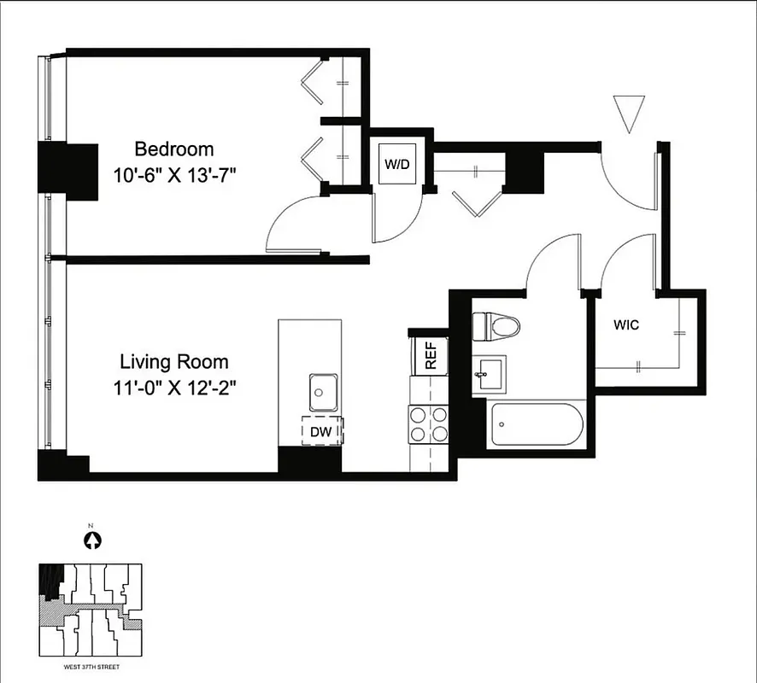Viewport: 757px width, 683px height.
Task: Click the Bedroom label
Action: [x=174, y=149]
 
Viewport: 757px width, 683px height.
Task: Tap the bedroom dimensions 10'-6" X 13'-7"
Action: [x=174, y=176]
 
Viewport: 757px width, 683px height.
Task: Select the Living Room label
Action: [x=174, y=361]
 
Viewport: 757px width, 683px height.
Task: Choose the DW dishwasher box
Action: [x=320, y=431]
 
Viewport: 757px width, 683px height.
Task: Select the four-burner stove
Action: [x=428, y=423]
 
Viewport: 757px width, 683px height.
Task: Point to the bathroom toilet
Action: [x=496, y=325]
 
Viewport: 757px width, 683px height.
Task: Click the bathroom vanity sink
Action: [x=488, y=373]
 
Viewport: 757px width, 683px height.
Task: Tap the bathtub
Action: [x=537, y=424]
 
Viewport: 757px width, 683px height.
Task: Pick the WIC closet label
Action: [x=626, y=325]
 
